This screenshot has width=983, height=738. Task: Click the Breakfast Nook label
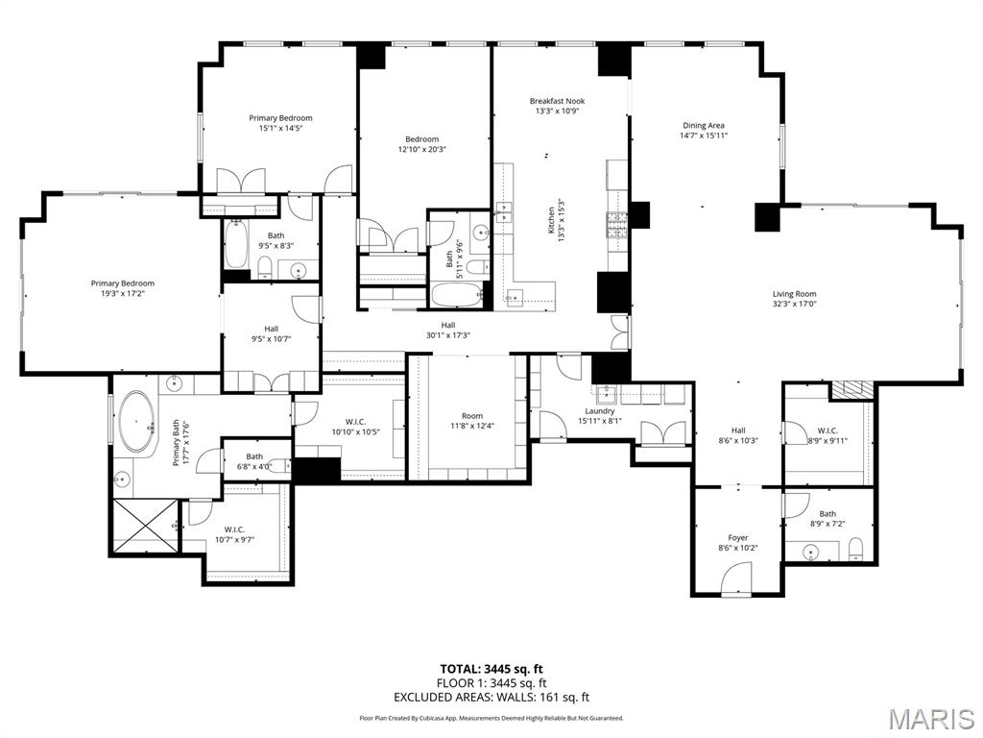557,101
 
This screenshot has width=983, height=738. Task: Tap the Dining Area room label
703,125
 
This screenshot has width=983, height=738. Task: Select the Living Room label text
794,294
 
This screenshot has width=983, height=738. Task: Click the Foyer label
737,538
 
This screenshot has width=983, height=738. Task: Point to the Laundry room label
600,411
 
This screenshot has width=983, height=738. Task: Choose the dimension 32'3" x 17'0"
794,305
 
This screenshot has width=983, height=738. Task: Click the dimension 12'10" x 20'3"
421,149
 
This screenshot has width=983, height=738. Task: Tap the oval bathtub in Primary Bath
138,421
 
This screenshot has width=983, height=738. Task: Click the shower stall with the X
144,526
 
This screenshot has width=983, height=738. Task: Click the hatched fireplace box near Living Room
852,389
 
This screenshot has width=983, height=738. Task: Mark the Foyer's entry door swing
736,579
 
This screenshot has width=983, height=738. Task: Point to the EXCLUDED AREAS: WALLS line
491,698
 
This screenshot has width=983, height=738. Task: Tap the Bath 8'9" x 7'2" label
827,519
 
